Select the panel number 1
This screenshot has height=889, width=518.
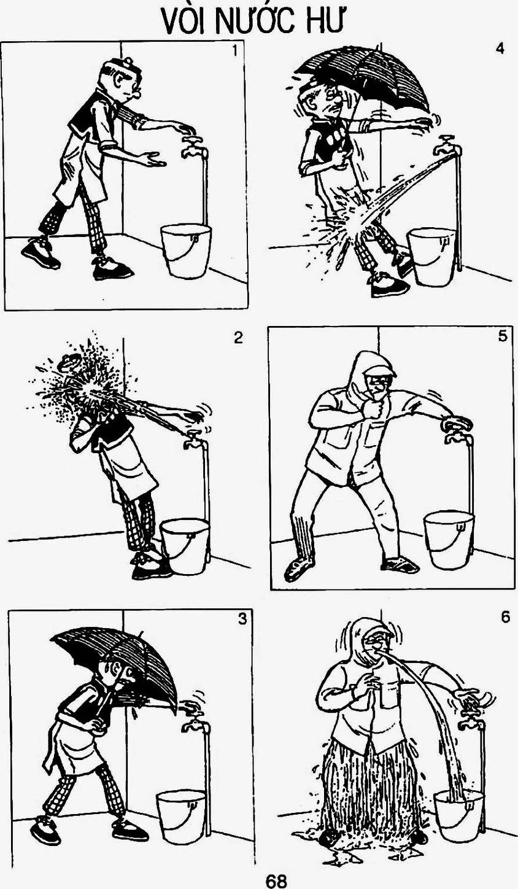[x=236, y=51]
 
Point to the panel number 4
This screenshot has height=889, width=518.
[x=500, y=49]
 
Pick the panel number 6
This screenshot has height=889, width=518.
[x=505, y=618]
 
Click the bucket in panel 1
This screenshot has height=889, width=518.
[x=186, y=251]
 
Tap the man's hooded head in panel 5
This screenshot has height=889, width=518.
[x=371, y=375]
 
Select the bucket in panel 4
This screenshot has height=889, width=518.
[x=433, y=257]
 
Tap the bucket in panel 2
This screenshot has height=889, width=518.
[x=185, y=546]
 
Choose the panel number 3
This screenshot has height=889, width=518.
[x=242, y=619]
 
